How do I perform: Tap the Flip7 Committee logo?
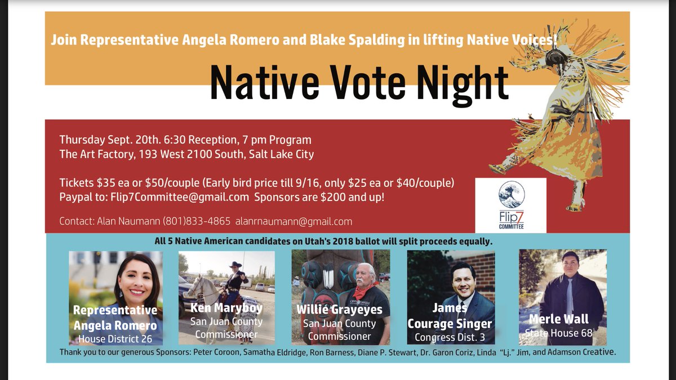(x=510, y=205)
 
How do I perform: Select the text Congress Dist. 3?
(x=450, y=337)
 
